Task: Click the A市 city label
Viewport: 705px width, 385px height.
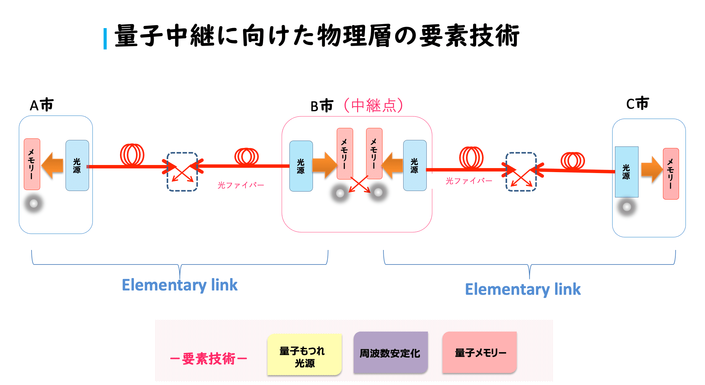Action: (x=41, y=105)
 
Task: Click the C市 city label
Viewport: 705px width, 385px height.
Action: (x=637, y=104)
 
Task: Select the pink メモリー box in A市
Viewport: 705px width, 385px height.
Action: (x=32, y=164)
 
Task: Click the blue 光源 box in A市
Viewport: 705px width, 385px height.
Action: (x=77, y=166)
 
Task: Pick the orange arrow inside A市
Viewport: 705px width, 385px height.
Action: (x=52, y=166)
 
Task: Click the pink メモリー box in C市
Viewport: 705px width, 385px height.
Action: (x=671, y=174)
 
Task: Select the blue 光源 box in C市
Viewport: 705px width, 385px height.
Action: (x=626, y=172)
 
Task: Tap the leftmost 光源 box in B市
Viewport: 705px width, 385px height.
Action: (x=301, y=166)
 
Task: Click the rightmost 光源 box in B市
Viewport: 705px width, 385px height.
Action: (x=415, y=166)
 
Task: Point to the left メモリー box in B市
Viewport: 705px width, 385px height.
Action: (x=345, y=154)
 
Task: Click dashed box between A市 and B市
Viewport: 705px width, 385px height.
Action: (x=182, y=172)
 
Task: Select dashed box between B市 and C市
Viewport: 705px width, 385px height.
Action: (x=521, y=172)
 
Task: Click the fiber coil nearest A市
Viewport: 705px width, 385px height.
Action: (x=132, y=155)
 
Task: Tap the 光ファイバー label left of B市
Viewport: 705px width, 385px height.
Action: (x=241, y=185)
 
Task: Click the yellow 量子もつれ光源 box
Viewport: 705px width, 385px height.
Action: (x=304, y=355)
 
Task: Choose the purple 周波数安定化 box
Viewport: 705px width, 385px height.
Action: (x=390, y=353)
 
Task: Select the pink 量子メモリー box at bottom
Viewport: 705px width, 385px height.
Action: (x=480, y=353)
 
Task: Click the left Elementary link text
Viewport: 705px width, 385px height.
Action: (x=180, y=285)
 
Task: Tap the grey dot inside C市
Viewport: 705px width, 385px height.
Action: (x=627, y=207)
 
